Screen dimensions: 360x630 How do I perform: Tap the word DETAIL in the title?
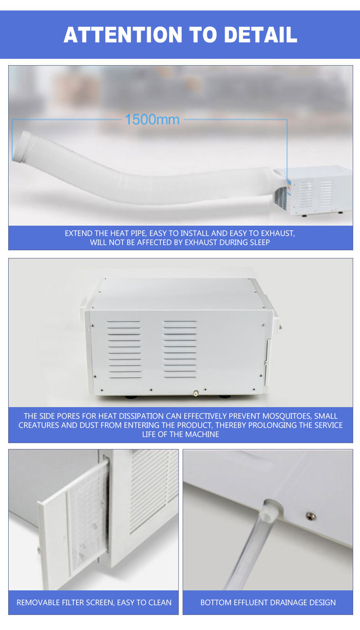coord(261,35)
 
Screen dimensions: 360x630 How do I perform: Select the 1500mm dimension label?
coord(152,119)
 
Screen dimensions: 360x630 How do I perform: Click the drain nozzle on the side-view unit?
coord(195,393)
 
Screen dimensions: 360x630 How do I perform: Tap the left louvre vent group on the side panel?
coord(124,349)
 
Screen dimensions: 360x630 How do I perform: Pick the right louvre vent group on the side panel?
coord(180,349)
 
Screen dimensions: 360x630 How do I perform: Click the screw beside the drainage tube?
coord(310,516)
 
